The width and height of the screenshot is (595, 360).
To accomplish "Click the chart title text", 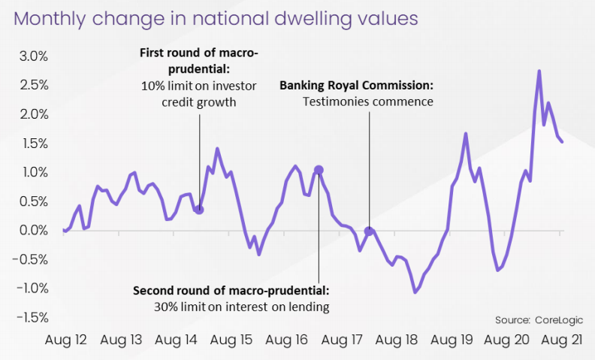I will click(215, 19).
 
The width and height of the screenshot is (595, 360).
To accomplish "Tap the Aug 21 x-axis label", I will click(562, 340).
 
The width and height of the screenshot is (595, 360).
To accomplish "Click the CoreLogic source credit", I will click(538, 319).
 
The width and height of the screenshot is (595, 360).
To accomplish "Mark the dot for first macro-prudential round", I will click(199, 210).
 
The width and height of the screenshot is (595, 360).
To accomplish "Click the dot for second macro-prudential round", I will click(319, 171).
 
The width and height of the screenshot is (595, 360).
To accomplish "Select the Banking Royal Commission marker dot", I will click(369, 231).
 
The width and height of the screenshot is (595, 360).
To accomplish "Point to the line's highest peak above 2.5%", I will click(539, 71).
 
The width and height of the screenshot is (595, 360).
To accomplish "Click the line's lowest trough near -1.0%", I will click(415, 292).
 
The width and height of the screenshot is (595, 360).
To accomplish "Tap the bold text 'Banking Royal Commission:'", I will click(356, 85).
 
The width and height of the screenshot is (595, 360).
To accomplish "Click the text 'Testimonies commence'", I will click(368, 101).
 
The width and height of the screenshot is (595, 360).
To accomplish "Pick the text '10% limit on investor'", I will click(199, 85).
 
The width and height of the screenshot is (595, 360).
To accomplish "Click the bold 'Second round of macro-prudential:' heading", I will click(231, 289).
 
